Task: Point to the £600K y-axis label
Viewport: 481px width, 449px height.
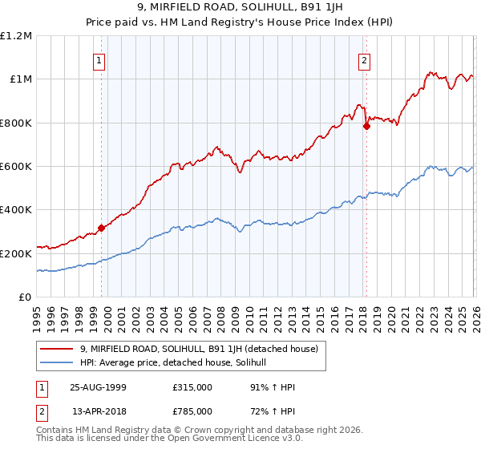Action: pos(16,167)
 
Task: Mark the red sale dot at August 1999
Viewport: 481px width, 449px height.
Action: pos(102,228)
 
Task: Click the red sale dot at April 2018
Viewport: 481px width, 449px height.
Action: pos(366,126)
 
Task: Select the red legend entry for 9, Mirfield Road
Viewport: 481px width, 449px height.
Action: pos(200,349)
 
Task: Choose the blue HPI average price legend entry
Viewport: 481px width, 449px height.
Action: pos(178,363)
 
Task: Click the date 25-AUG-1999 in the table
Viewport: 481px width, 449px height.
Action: pos(98,387)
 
